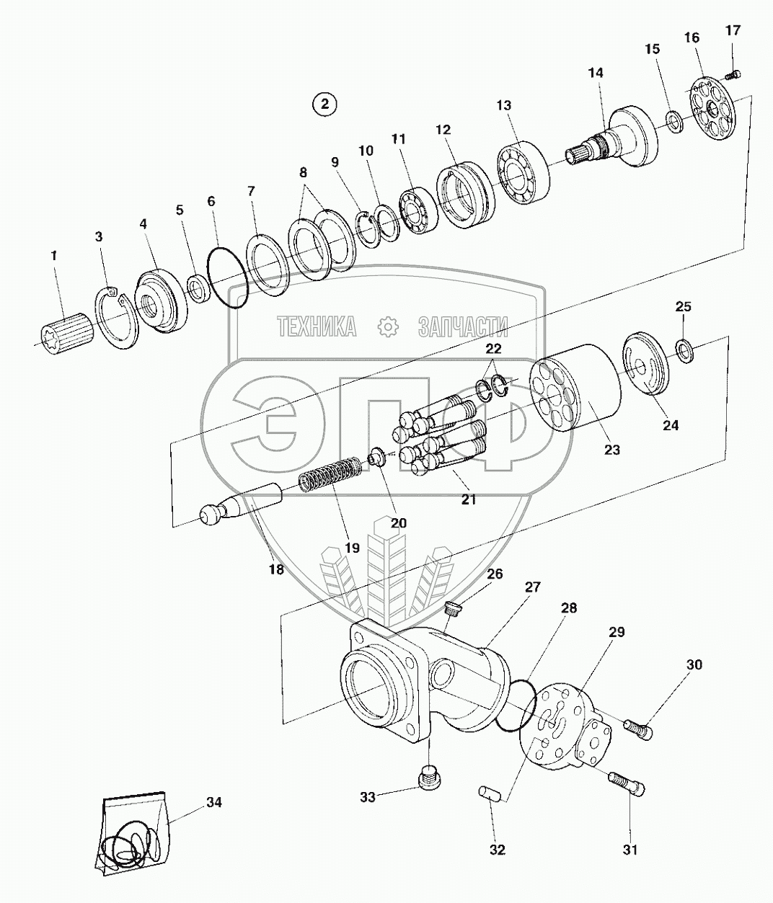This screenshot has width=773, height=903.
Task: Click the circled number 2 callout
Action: pyautogui.click(x=324, y=104)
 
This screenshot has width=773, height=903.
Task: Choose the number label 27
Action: pyautogui.click(x=532, y=587)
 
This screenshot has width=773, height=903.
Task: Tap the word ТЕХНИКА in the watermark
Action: pyautogui.click(x=317, y=328)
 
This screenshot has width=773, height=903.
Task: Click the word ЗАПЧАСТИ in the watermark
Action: pyautogui.click(x=462, y=328)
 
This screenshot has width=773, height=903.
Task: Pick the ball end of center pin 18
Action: pyautogui.click(x=211, y=516)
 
